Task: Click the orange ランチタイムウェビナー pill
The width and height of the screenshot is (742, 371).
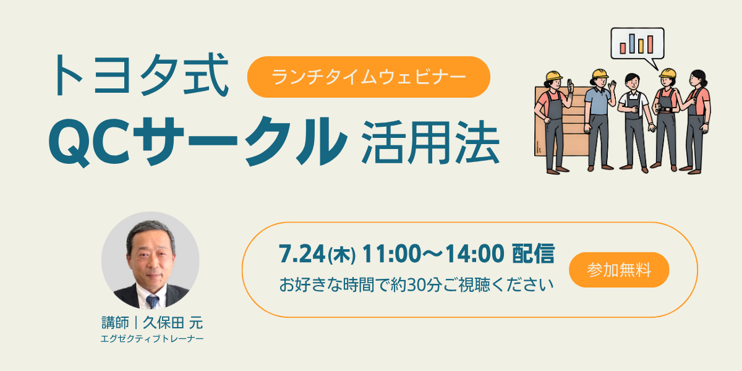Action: [x=369, y=77]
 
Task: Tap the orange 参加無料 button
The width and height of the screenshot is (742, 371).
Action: [x=619, y=270]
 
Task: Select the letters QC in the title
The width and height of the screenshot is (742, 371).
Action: [x=90, y=142]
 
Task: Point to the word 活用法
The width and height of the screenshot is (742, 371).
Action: [x=430, y=142]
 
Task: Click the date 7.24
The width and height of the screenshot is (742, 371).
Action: [x=302, y=254]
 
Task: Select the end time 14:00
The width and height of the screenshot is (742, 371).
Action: [x=474, y=254]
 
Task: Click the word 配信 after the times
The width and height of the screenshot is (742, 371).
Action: [x=533, y=254]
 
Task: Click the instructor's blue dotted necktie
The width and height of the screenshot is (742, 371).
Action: [x=152, y=302]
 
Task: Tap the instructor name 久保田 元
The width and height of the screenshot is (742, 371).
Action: [x=173, y=323]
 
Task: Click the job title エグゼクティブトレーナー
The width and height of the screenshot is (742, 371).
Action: [x=152, y=339]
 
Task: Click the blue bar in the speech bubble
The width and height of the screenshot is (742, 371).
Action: [x=632, y=43]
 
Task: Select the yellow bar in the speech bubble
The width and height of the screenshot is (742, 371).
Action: [x=641, y=46]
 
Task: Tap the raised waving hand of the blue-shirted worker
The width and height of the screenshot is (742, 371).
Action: [x=612, y=87]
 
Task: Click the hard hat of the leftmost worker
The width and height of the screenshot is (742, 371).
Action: [x=554, y=75]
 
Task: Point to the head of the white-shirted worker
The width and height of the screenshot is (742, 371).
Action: [x=633, y=82]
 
